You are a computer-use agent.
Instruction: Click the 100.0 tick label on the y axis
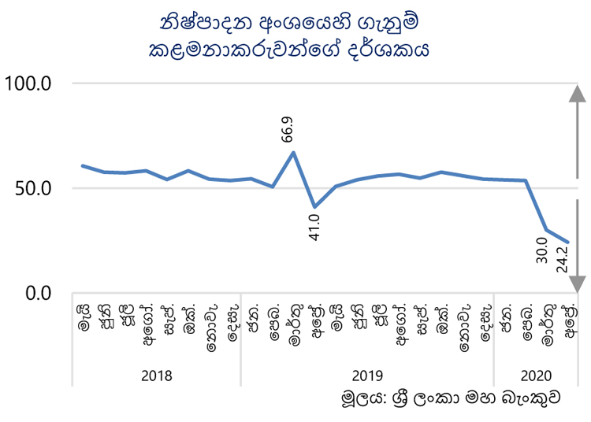click(28, 83)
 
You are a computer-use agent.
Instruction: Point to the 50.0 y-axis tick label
click(33, 188)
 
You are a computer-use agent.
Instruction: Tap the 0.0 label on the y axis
click(38, 293)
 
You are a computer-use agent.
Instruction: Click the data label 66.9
click(287, 129)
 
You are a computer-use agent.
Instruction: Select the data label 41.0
click(314, 228)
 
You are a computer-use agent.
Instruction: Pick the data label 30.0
click(541, 250)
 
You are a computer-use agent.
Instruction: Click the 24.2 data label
click(562, 259)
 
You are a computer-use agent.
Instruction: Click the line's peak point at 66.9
click(293, 153)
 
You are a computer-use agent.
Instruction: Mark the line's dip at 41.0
click(314, 207)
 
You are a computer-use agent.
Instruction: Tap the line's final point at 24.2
click(567, 242)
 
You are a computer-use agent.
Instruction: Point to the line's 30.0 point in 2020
click(546, 230)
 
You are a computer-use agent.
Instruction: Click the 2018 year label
click(157, 376)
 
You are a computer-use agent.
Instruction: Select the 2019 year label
click(367, 376)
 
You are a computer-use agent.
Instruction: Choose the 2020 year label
click(536, 376)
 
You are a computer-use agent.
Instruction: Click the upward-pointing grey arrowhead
click(577, 94)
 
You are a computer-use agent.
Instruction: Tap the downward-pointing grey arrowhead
click(577, 284)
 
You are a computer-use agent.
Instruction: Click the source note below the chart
click(451, 398)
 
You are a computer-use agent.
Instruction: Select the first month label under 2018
click(84, 319)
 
